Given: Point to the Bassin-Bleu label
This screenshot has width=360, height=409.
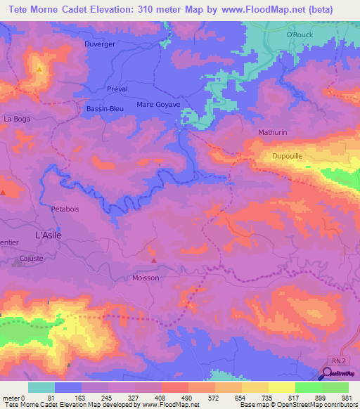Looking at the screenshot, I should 105,109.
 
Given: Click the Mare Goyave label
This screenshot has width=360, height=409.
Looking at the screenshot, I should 158,104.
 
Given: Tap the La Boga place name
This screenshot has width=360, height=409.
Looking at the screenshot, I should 17,119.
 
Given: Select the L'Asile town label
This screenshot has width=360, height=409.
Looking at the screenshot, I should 48,235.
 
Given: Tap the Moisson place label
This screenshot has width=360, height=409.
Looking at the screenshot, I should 146,278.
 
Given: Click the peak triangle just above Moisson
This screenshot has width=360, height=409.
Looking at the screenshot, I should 153,266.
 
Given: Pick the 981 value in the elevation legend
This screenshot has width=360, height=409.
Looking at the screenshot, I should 346,398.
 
